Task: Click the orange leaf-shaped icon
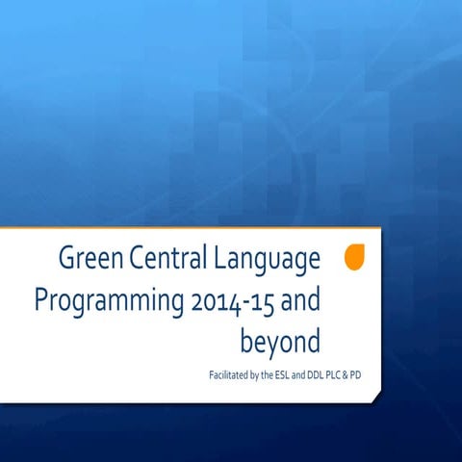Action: click(x=354, y=257)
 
